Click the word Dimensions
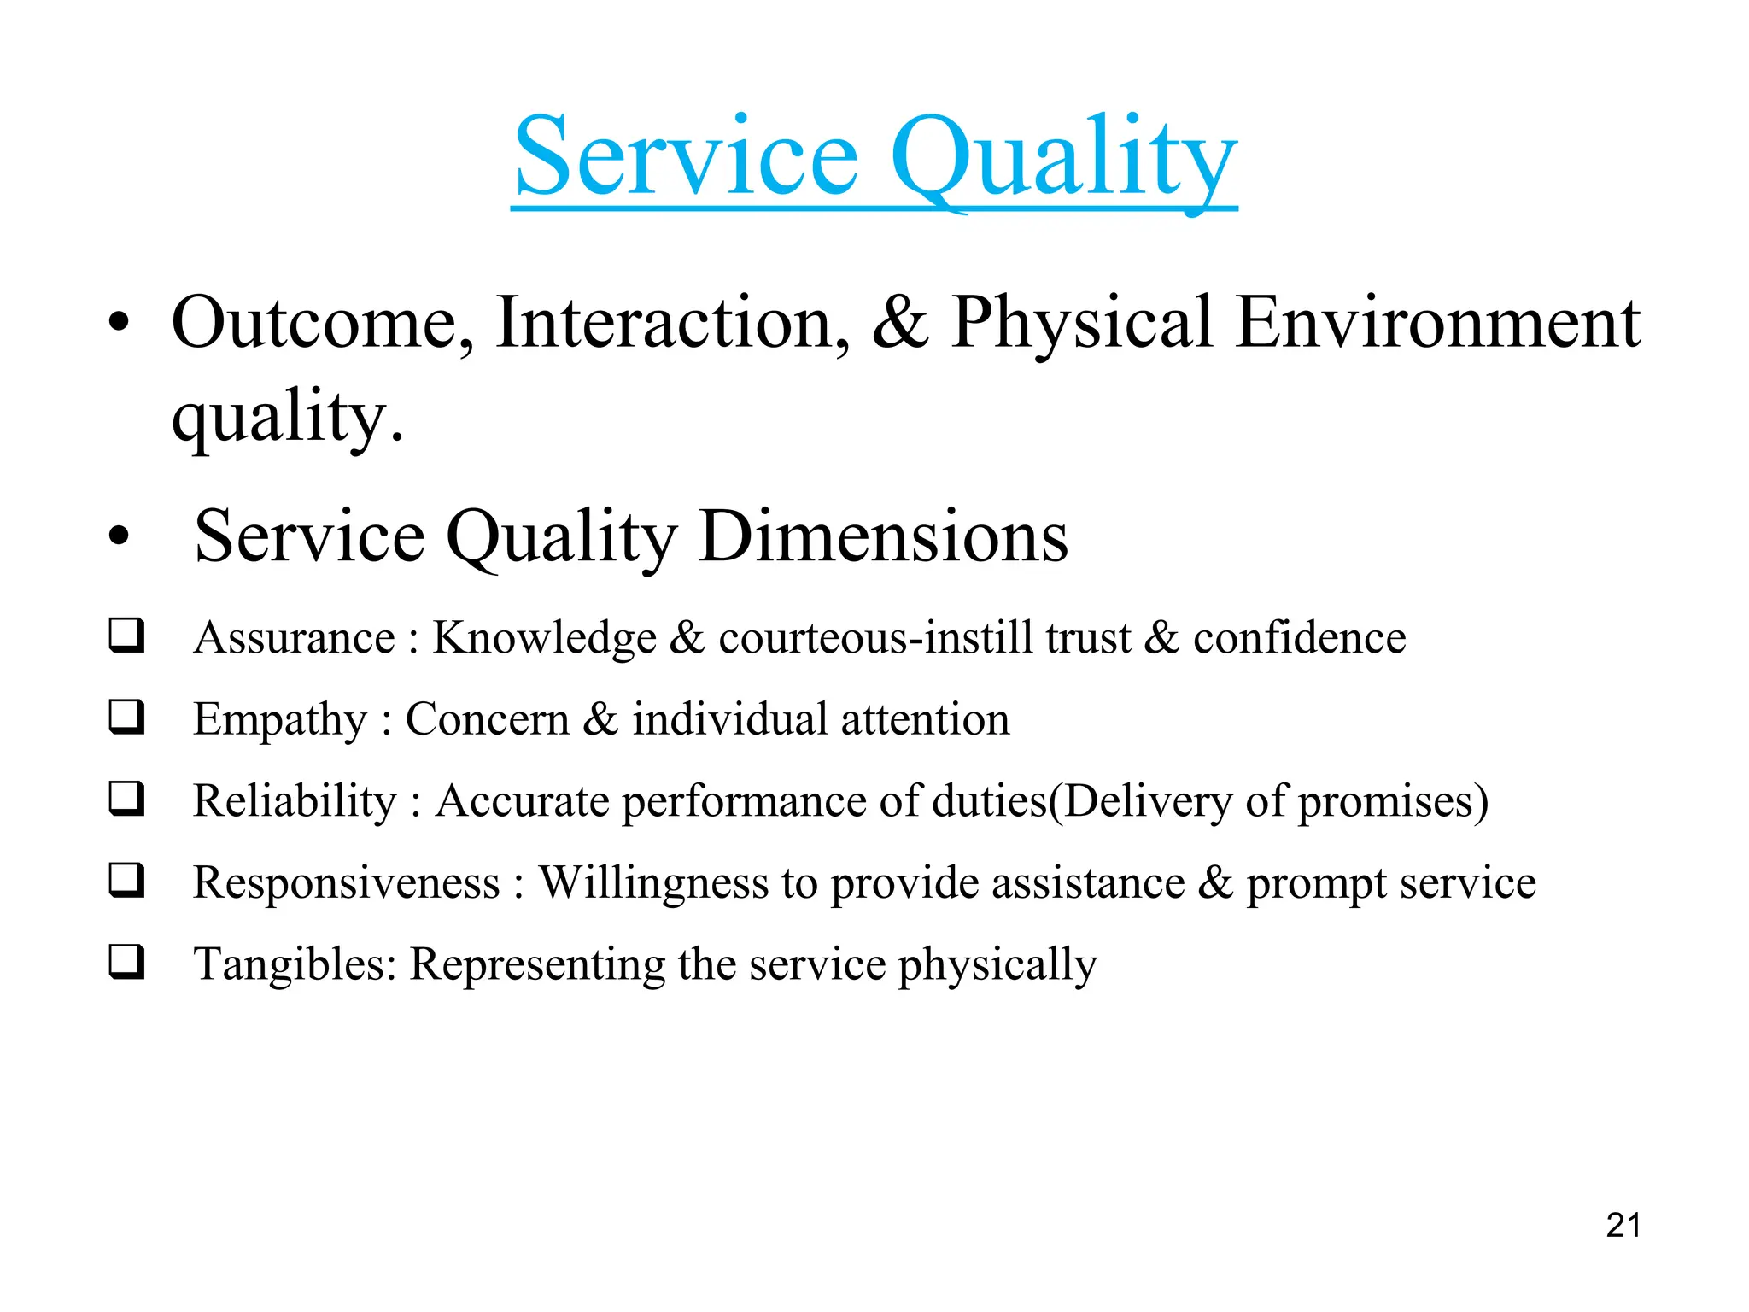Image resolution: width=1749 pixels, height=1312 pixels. click(x=883, y=537)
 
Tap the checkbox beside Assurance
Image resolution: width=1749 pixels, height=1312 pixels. click(x=126, y=636)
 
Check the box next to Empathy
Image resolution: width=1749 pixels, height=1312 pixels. click(x=126, y=717)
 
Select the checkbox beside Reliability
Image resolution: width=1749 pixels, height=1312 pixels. click(x=126, y=799)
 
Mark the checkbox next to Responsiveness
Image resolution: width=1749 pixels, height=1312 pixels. click(x=126, y=881)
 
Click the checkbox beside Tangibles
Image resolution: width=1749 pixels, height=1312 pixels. click(x=126, y=963)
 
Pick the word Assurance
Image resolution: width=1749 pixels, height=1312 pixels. click(x=295, y=638)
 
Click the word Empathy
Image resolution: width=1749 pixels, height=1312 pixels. click(x=279, y=720)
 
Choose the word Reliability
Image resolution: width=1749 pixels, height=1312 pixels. click(x=295, y=801)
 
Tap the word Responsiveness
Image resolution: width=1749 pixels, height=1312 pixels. click(x=347, y=883)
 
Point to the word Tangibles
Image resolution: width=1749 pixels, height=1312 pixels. click(x=295, y=965)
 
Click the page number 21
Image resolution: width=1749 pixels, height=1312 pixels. click(x=1623, y=1226)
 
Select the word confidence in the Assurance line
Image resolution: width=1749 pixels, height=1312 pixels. click(x=1299, y=638)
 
